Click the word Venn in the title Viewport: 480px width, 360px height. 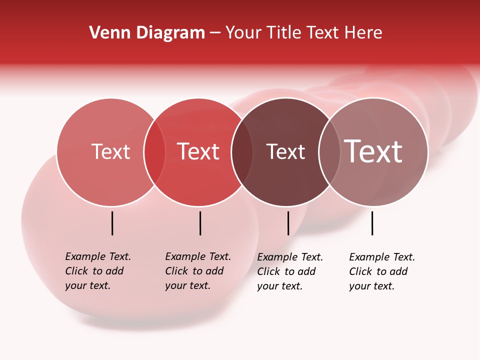pos(106,33)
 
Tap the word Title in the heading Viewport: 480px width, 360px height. pos(283,33)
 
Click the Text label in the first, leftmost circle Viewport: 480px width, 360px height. pos(110,151)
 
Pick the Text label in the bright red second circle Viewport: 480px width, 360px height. pos(198,151)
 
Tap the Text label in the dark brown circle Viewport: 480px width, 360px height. pos(285,151)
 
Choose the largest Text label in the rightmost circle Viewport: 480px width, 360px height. pos(373,151)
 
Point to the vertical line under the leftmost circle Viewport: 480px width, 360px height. pos(112,223)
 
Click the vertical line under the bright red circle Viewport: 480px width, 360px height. pos(200,223)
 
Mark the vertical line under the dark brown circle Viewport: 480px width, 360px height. pos(288,223)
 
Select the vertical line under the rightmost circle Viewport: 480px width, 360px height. pos(372,223)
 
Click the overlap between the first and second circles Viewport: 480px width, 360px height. pos(154,151)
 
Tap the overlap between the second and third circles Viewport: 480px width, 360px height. pos(241,151)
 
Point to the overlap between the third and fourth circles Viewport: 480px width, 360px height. pos(329,151)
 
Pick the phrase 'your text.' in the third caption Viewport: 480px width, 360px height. pos(279,286)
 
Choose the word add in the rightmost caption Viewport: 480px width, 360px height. pos(398,271)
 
